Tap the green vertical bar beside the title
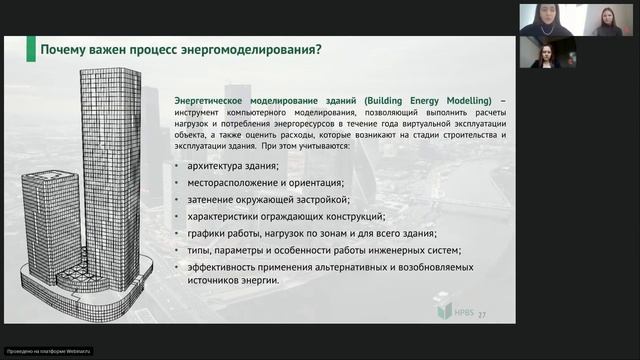pyautogui.click(x=31, y=49)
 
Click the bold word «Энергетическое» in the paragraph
pyautogui.click(x=209, y=101)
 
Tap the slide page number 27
pyautogui.click(x=482, y=315)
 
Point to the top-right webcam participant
pyautogui.click(x=607, y=19)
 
